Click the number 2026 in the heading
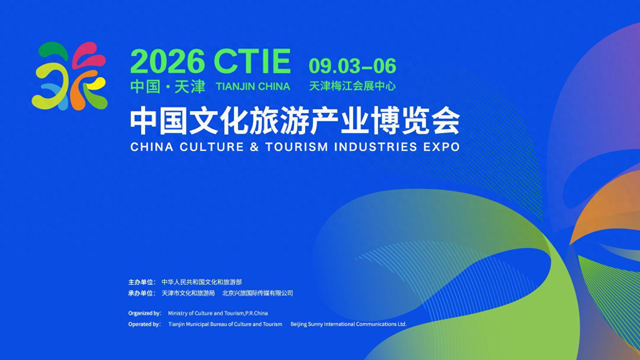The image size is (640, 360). click(x=168, y=61)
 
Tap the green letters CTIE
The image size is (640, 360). click(x=252, y=61)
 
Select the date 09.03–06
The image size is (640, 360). click(x=352, y=66)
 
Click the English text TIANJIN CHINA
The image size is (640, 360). click(x=253, y=86)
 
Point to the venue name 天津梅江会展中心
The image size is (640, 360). click(x=352, y=86)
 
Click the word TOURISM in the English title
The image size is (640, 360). click(x=297, y=147)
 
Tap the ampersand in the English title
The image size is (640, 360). click(x=254, y=147)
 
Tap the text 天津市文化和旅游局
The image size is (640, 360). click(x=188, y=293)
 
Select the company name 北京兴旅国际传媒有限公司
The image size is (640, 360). click(x=258, y=293)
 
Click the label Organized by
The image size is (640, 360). click(x=144, y=314)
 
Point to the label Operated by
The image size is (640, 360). click(x=144, y=324)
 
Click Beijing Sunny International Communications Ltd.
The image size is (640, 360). click(x=348, y=324)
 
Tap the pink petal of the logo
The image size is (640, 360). click(x=88, y=54)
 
